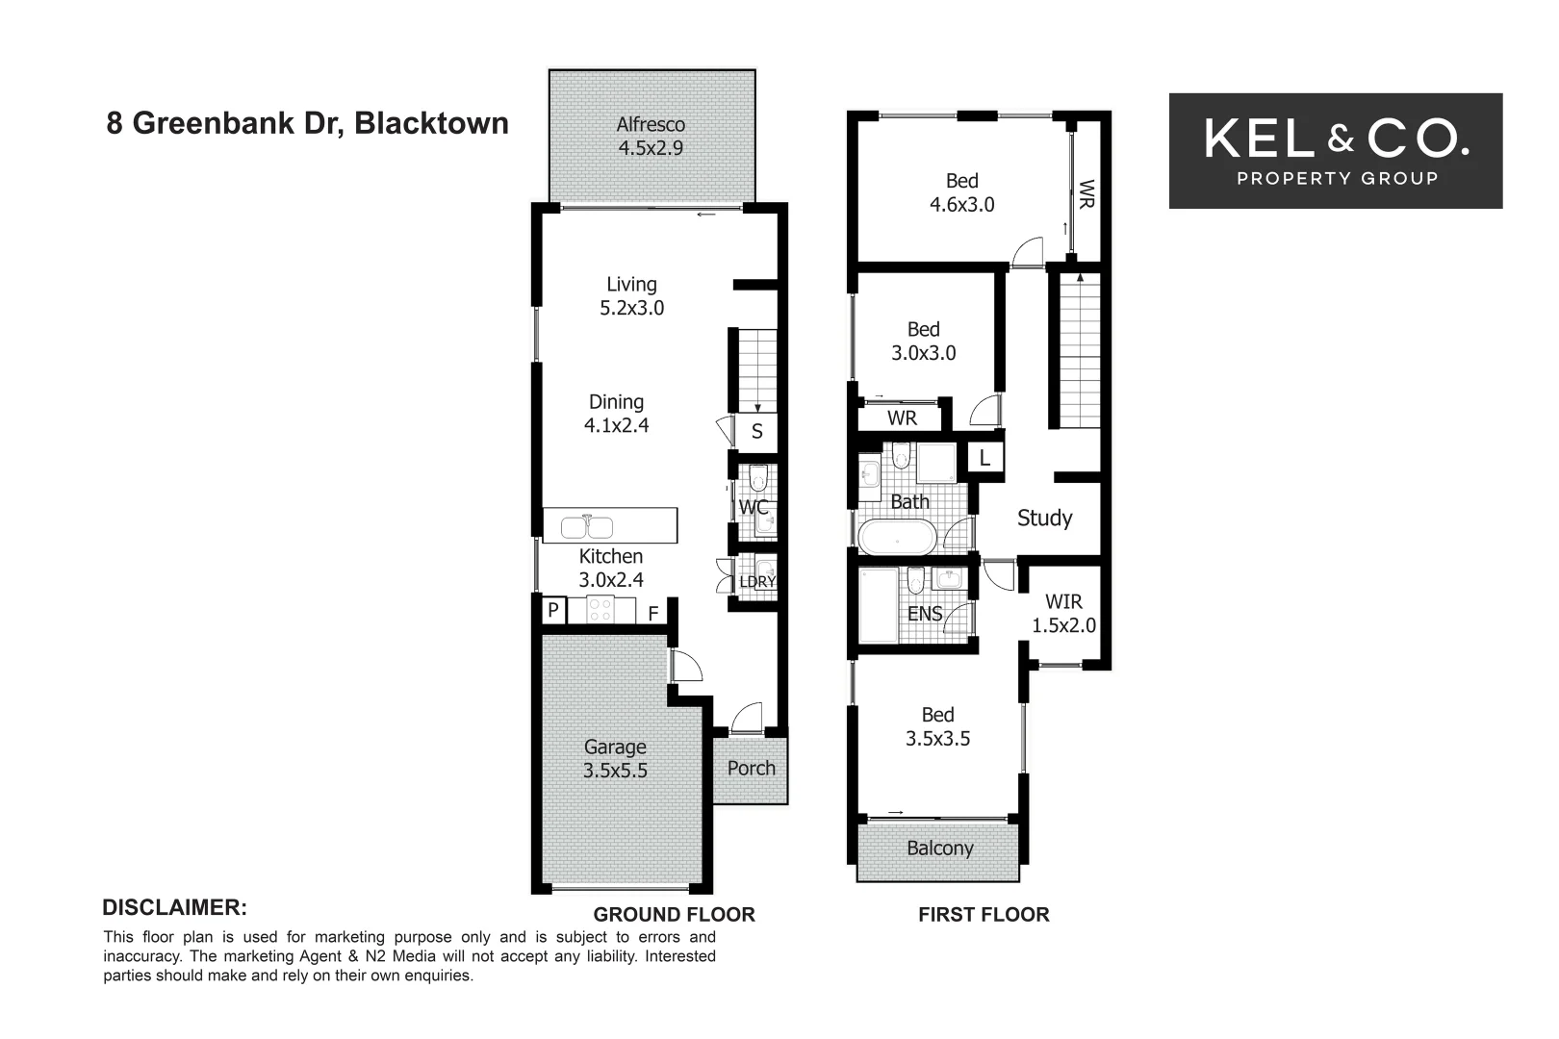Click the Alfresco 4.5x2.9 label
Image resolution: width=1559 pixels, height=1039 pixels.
coord(651,136)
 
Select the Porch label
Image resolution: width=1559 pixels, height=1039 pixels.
coord(751,768)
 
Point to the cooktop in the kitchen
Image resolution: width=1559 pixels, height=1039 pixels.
coord(601,609)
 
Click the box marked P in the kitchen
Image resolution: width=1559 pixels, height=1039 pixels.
coord(553,610)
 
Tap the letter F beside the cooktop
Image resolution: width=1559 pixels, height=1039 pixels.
coord(652,613)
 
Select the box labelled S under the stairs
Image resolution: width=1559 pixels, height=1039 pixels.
coord(756,431)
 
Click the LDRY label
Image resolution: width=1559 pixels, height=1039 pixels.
coord(757,581)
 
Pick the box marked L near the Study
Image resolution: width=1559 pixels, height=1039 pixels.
coord(984,458)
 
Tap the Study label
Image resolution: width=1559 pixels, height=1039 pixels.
coord(1044,518)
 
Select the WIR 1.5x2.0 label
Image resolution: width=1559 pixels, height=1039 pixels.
coord(1063,613)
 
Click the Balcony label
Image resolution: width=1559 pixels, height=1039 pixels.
coord(939,849)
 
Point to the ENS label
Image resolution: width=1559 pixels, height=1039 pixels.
coord(925,613)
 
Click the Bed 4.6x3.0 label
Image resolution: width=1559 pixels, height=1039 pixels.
coord(961,192)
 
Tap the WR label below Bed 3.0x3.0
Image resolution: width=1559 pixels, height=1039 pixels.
coord(902,418)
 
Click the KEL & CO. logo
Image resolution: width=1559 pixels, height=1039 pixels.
coord(1335,150)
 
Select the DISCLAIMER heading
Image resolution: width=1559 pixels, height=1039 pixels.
coord(174,907)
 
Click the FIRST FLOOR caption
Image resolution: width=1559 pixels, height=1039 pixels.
coord(984,915)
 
